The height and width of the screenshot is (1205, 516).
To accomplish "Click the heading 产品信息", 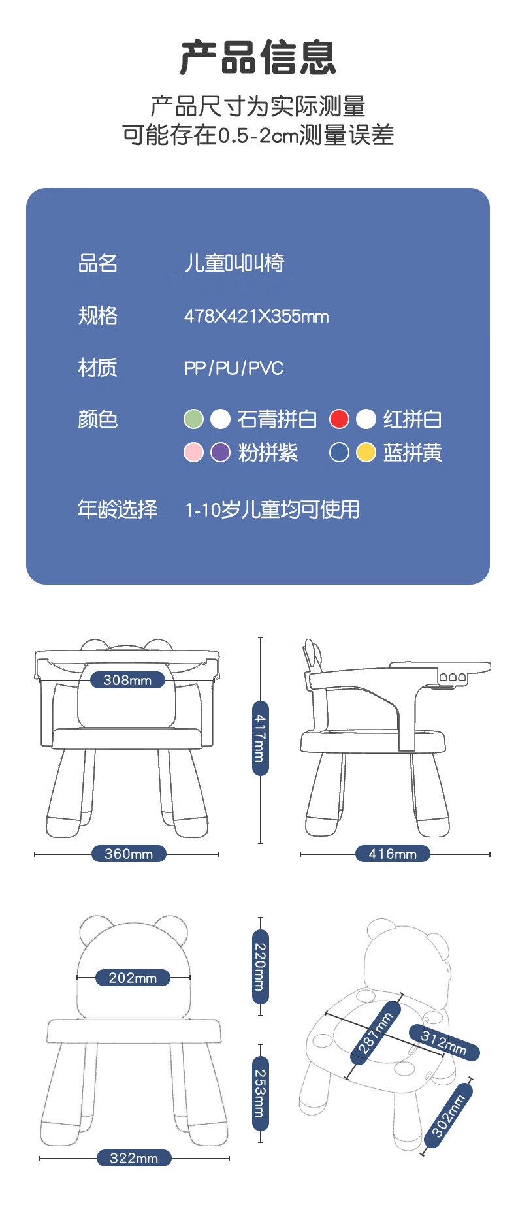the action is tap(258, 57).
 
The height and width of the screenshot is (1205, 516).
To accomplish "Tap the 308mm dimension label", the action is tap(127, 680).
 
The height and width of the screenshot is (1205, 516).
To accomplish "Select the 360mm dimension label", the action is tap(129, 854).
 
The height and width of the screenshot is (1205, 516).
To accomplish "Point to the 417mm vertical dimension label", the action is tap(260, 738).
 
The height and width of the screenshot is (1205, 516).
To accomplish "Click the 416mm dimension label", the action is tap(393, 854).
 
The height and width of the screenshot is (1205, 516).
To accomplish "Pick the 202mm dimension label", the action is tap(133, 978).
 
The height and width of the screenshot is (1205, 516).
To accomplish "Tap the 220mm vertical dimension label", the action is tap(260, 966).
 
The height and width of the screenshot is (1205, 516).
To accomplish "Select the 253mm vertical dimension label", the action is tap(260, 1093).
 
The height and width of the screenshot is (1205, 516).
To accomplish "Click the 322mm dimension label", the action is tap(134, 1158).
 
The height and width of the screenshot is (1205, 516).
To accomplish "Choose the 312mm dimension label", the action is tap(444, 1042).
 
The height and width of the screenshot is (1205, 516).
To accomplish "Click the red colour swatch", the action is tap(339, 419).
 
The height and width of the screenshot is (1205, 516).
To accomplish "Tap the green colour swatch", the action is tap(193, 419).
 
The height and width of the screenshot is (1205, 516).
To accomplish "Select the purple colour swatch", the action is tap(220, 452).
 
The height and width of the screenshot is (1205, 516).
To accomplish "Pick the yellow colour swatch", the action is tap(366, 452).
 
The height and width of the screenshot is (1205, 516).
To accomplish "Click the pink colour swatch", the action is tap(193, 452).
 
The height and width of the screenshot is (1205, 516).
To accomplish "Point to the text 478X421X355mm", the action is tap(257, 316).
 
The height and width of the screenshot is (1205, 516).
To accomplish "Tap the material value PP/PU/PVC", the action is tap(234, 368).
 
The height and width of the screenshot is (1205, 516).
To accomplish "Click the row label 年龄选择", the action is tap(118, 509).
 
